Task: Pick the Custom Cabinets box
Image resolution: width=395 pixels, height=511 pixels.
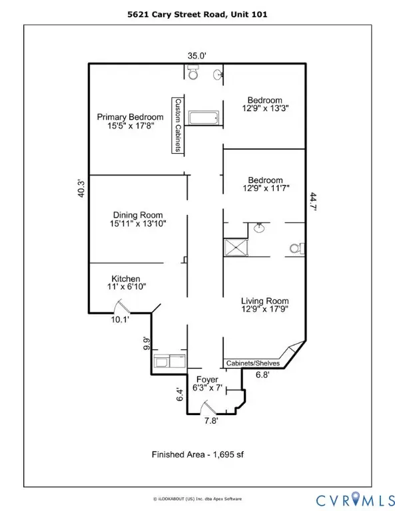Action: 178,126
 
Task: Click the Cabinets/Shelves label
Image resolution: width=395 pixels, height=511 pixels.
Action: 253,363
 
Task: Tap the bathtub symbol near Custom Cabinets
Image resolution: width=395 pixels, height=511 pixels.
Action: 203,119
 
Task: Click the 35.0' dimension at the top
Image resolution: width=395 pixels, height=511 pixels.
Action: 198,57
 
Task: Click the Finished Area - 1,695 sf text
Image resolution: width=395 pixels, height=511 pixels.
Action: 197,456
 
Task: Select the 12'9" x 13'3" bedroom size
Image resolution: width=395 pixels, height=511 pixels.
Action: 264,106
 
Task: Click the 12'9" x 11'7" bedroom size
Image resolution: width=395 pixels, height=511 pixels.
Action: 264,189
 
